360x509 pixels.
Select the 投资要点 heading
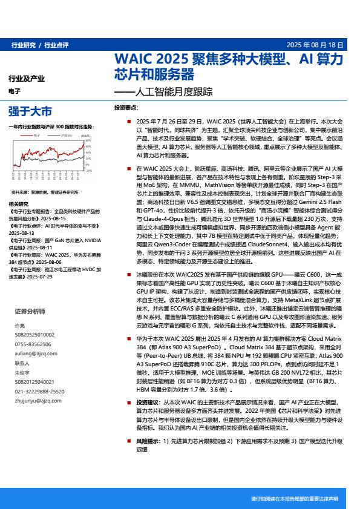click(x=126, y=108)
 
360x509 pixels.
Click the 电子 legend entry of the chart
click(x=37, y=136)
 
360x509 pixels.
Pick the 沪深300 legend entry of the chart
click(x=65, y=136)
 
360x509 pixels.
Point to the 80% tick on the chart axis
click(x=88, y=140)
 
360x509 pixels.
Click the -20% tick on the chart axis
click(x=88, y=171)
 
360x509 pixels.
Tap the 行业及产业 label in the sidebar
click(x=27, y=79)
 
